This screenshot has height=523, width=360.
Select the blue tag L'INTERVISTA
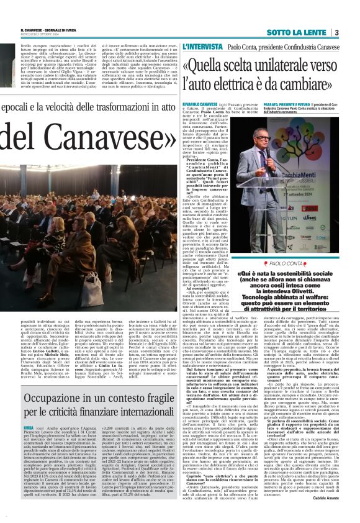coord(197,47)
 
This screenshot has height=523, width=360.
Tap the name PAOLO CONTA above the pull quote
coord(286,246)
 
